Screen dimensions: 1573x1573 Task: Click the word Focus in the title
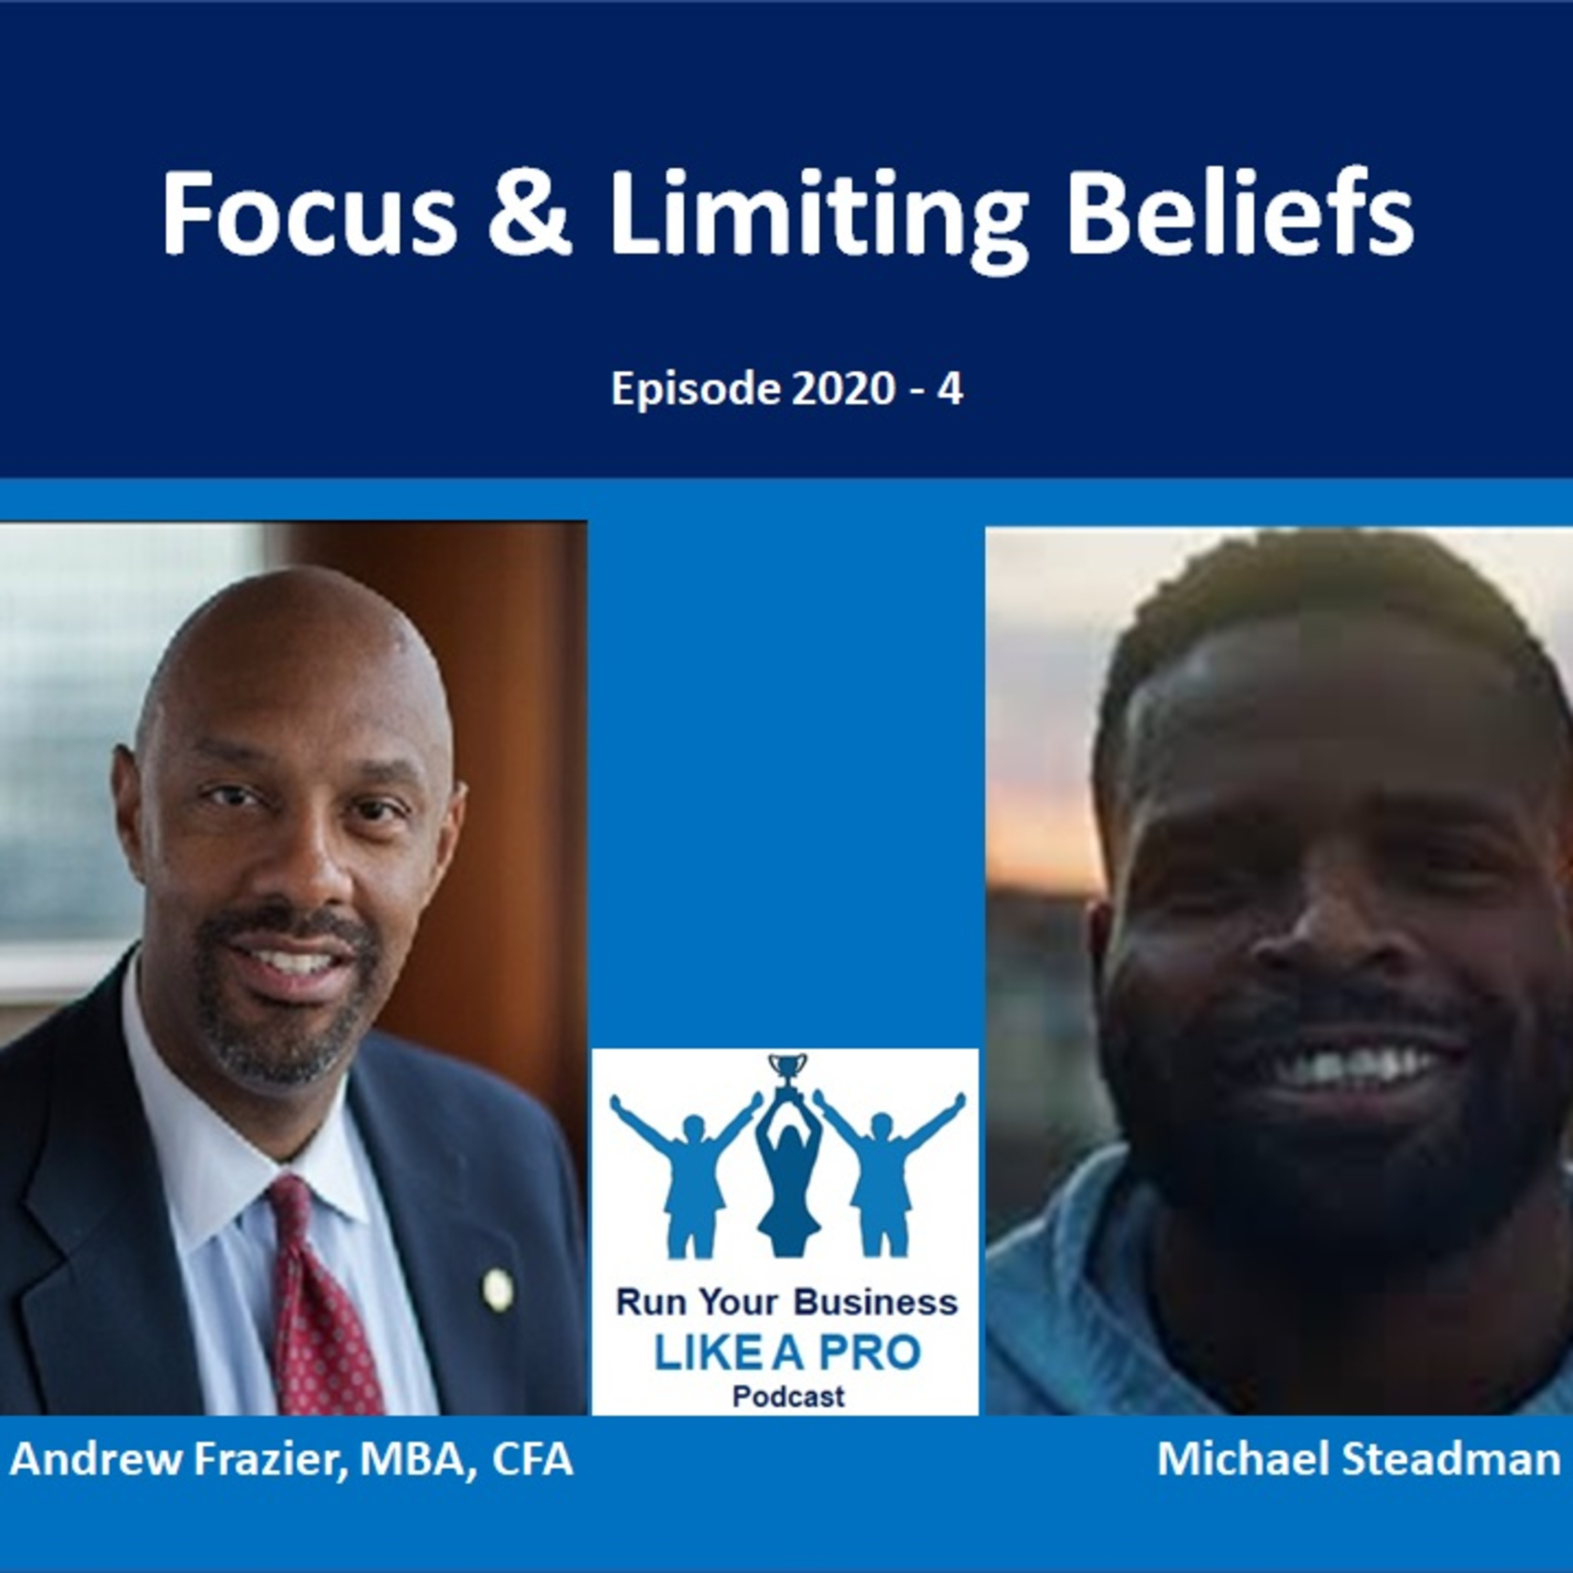point(309,214)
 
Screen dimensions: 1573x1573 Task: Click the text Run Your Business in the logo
point(786,1302)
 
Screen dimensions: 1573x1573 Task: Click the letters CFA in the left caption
point(533,1459)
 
